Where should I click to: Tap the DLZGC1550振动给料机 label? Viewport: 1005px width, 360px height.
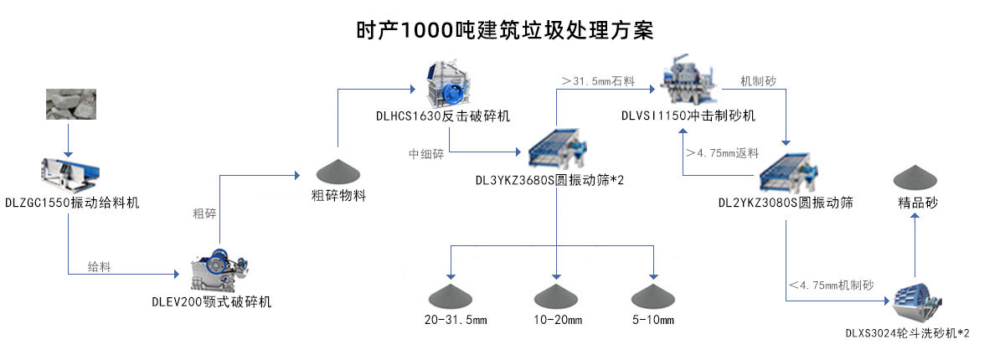coord(72,203)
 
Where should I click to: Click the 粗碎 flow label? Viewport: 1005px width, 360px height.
coord(205,213)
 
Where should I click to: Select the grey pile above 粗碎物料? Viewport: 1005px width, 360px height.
coord(337,170)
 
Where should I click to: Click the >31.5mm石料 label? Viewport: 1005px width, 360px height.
coord(598,81)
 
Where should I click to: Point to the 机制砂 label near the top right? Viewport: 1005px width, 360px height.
coord(759,81)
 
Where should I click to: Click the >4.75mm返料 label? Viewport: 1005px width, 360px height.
coord(721,153)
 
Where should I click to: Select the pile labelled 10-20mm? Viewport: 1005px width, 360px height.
coord(557,295)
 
